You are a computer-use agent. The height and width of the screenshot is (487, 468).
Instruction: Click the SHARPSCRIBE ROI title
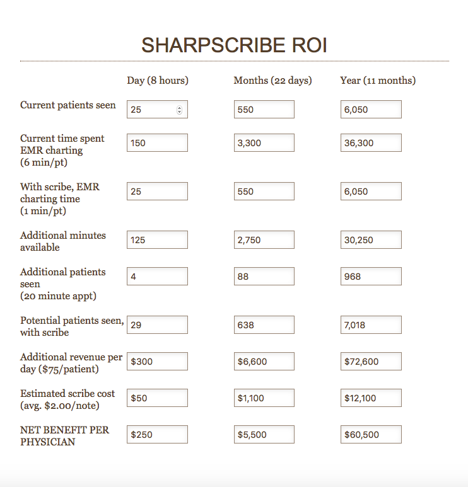(x=234, y=45)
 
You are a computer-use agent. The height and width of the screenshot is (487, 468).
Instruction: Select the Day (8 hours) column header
(x=158, y=81)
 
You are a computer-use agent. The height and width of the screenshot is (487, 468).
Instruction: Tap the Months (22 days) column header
(x=272, y=81)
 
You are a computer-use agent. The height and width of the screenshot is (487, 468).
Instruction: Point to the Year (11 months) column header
(x=378, y=81)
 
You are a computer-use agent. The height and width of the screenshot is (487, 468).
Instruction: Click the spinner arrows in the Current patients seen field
(x=179, y=110)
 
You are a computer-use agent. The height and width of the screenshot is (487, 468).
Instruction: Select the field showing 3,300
(x=264, y=143)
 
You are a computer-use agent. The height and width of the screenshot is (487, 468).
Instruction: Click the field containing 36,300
(x=371, y=143)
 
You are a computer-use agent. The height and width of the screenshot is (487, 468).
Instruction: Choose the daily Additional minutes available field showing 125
(x=157, y=240)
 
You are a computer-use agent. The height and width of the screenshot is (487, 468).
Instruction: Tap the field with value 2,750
(x=264, y=240)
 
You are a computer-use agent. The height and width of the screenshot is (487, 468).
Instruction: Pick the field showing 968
(x=371, y=277)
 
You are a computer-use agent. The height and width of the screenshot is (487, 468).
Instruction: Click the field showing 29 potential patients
(x=157, y=325)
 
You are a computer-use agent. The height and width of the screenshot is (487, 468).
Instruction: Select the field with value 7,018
(x=371, y=325)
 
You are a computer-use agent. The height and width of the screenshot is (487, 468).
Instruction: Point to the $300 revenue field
(x=157, y=362)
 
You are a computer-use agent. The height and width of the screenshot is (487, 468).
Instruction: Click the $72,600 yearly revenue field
(x=371, y=362)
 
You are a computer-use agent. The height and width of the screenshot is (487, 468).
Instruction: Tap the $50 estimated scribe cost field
(x=157, y=398)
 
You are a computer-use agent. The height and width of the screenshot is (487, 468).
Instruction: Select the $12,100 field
(x=371, y=398)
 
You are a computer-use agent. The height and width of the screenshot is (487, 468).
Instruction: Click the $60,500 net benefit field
(x=371, y=435)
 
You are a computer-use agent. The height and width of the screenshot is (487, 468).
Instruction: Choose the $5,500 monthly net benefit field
(x=264, y=435)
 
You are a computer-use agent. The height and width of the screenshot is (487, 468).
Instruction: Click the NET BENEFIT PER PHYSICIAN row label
(x=64, y=436)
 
